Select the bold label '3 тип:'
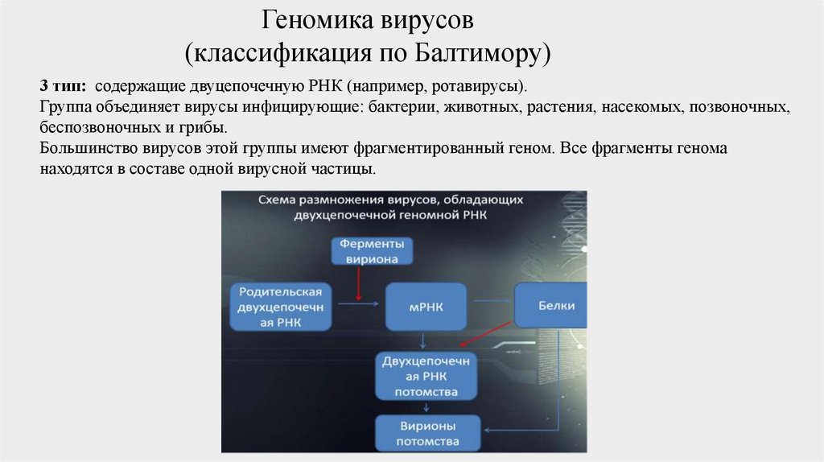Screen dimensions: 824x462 (x=63, y=85)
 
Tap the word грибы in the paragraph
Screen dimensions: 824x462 (x=206, y=128)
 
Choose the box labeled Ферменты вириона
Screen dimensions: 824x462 (x=371, y=250)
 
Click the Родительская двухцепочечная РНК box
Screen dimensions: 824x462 (x=281, y=307)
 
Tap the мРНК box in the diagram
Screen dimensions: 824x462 (x=426, y=305)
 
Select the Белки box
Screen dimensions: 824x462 (x=550, y=306)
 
